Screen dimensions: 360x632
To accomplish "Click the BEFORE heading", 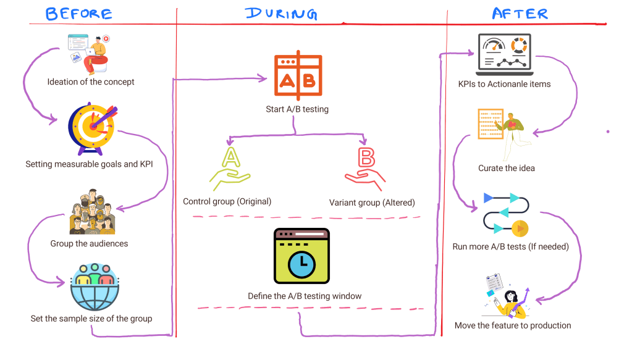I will (79, 14).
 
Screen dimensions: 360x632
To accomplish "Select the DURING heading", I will (281, 14).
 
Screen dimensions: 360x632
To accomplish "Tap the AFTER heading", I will (520, 13).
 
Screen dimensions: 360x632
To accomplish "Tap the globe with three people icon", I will (91, 287).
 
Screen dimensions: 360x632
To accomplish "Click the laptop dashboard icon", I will (505, 54).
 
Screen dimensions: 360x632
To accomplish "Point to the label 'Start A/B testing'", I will (297, 109).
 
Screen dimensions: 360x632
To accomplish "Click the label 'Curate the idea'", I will (507, 168).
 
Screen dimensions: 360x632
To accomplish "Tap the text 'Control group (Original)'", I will (227, 201).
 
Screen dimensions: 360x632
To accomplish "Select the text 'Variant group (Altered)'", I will (372, 202).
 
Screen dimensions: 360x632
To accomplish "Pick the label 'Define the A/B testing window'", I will (305, 296).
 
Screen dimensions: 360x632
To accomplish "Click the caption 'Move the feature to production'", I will (513, 325).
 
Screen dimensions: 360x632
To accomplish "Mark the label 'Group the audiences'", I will (90, 243).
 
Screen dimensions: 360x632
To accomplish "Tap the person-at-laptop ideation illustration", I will (91, 53).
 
